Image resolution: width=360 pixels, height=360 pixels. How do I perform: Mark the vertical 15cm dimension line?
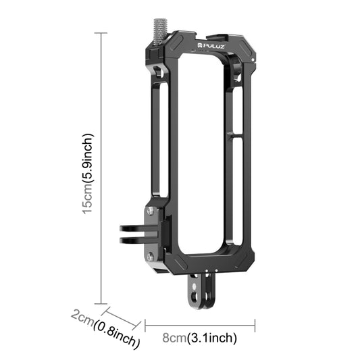(102, 169)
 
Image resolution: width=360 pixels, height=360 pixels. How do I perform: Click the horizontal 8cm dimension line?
(200, 326)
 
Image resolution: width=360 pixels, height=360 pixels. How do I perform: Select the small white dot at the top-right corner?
(251, 61)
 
